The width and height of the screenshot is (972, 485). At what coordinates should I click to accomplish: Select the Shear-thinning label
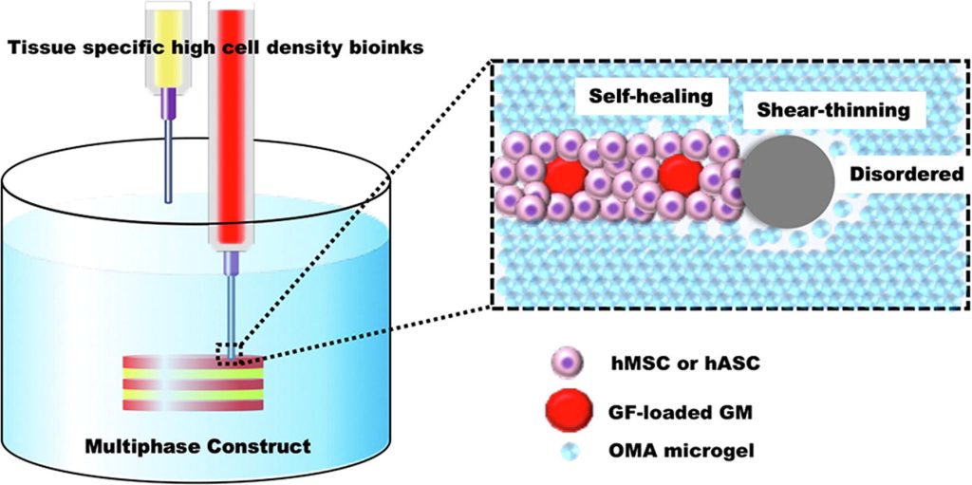pos(832,111)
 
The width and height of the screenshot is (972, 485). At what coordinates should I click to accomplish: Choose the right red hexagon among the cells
pos(679,176)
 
